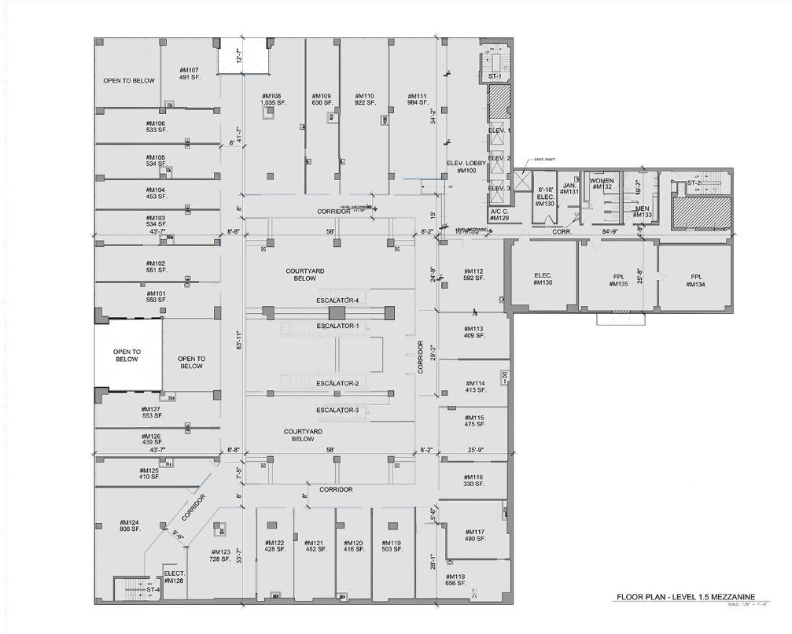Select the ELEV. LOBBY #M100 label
click(464, 167)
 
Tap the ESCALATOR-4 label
click(337, 300)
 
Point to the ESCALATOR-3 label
click(337, 411)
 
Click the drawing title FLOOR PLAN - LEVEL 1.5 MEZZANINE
click(685, 598)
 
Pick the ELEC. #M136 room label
click(543, 278)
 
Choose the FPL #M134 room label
click(696, 281)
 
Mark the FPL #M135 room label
click(618, 281)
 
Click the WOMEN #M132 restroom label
click(602, 184)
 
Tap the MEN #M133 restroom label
click(643, 212)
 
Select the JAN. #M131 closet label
click(570, 189)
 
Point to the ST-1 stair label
click(495, 76)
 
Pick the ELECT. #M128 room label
click(174, 577)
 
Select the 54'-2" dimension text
click(433, 116)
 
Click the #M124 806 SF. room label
click(129, 526)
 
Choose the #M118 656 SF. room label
click(455, 581)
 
